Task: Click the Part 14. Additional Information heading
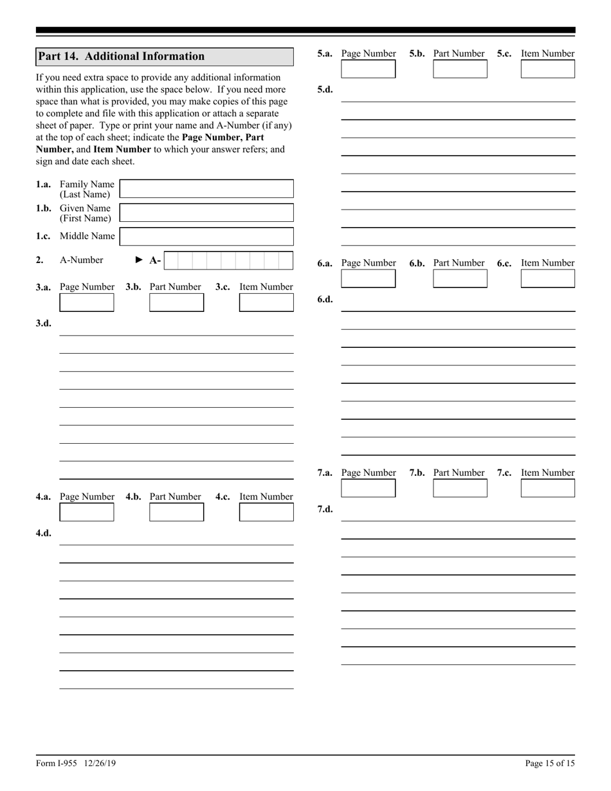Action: coord(122,57)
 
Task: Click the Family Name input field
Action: coord(206,188)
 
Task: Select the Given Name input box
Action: coord(206,213)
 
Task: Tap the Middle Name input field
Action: coord(206,237)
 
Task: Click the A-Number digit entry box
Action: coord(229,260)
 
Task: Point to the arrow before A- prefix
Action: coord(140,260)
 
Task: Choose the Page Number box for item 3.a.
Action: coord(86,302)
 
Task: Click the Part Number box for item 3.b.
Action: coord(176,302)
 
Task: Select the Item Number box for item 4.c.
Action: coord(266,512)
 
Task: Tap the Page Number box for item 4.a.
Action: coord(86,512)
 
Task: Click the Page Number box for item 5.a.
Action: coord(368,69)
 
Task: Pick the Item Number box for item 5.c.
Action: coord(547,69)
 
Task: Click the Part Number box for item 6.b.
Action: coord(460,278)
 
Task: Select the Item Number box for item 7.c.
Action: coord(547,488)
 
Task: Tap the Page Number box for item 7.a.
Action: coord(368,488)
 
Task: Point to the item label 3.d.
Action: coord(44,323)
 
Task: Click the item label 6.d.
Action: coord(325,300)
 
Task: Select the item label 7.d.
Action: coord(325,509)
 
